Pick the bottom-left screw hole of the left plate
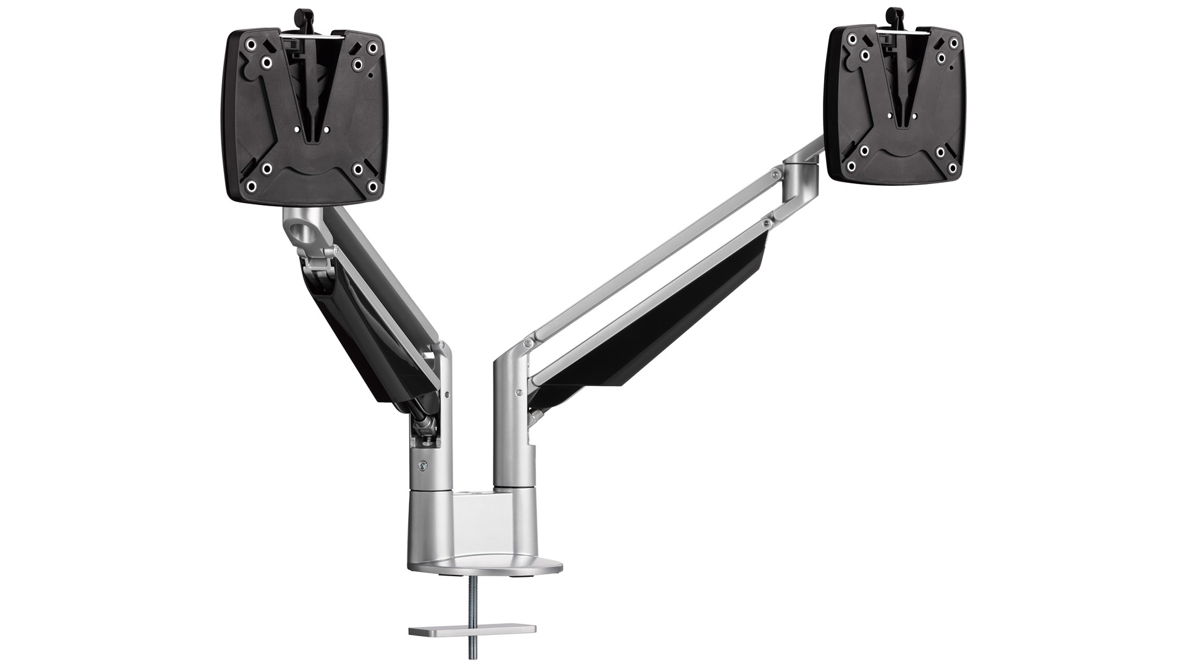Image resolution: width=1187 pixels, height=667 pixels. coord(251,185)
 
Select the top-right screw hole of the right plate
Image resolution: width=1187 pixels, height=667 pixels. coord(956,41)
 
